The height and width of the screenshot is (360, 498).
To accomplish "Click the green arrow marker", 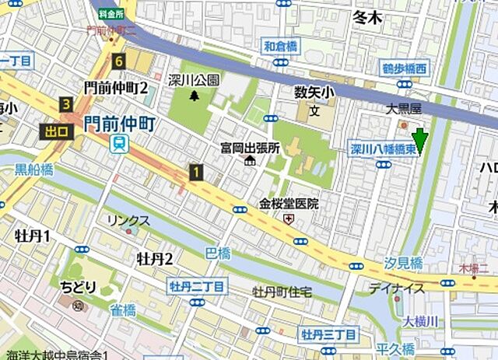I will [x=420, y=140].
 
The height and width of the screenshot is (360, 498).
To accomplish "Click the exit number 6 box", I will [x=119, y=61].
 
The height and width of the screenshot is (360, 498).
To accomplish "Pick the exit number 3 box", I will [x=67, y=104].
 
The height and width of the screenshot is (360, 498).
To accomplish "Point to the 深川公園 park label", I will [x=194, y=80].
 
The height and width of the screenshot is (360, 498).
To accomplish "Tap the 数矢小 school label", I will [x=314, y=93].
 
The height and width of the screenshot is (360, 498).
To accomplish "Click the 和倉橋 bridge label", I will [x=280, y=47].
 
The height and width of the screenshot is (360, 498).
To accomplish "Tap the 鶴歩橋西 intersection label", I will [x=405, y=69].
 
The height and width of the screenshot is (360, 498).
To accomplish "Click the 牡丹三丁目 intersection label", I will [x=329, y=335].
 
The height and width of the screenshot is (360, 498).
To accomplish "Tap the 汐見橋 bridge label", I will [x=404, y=262].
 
